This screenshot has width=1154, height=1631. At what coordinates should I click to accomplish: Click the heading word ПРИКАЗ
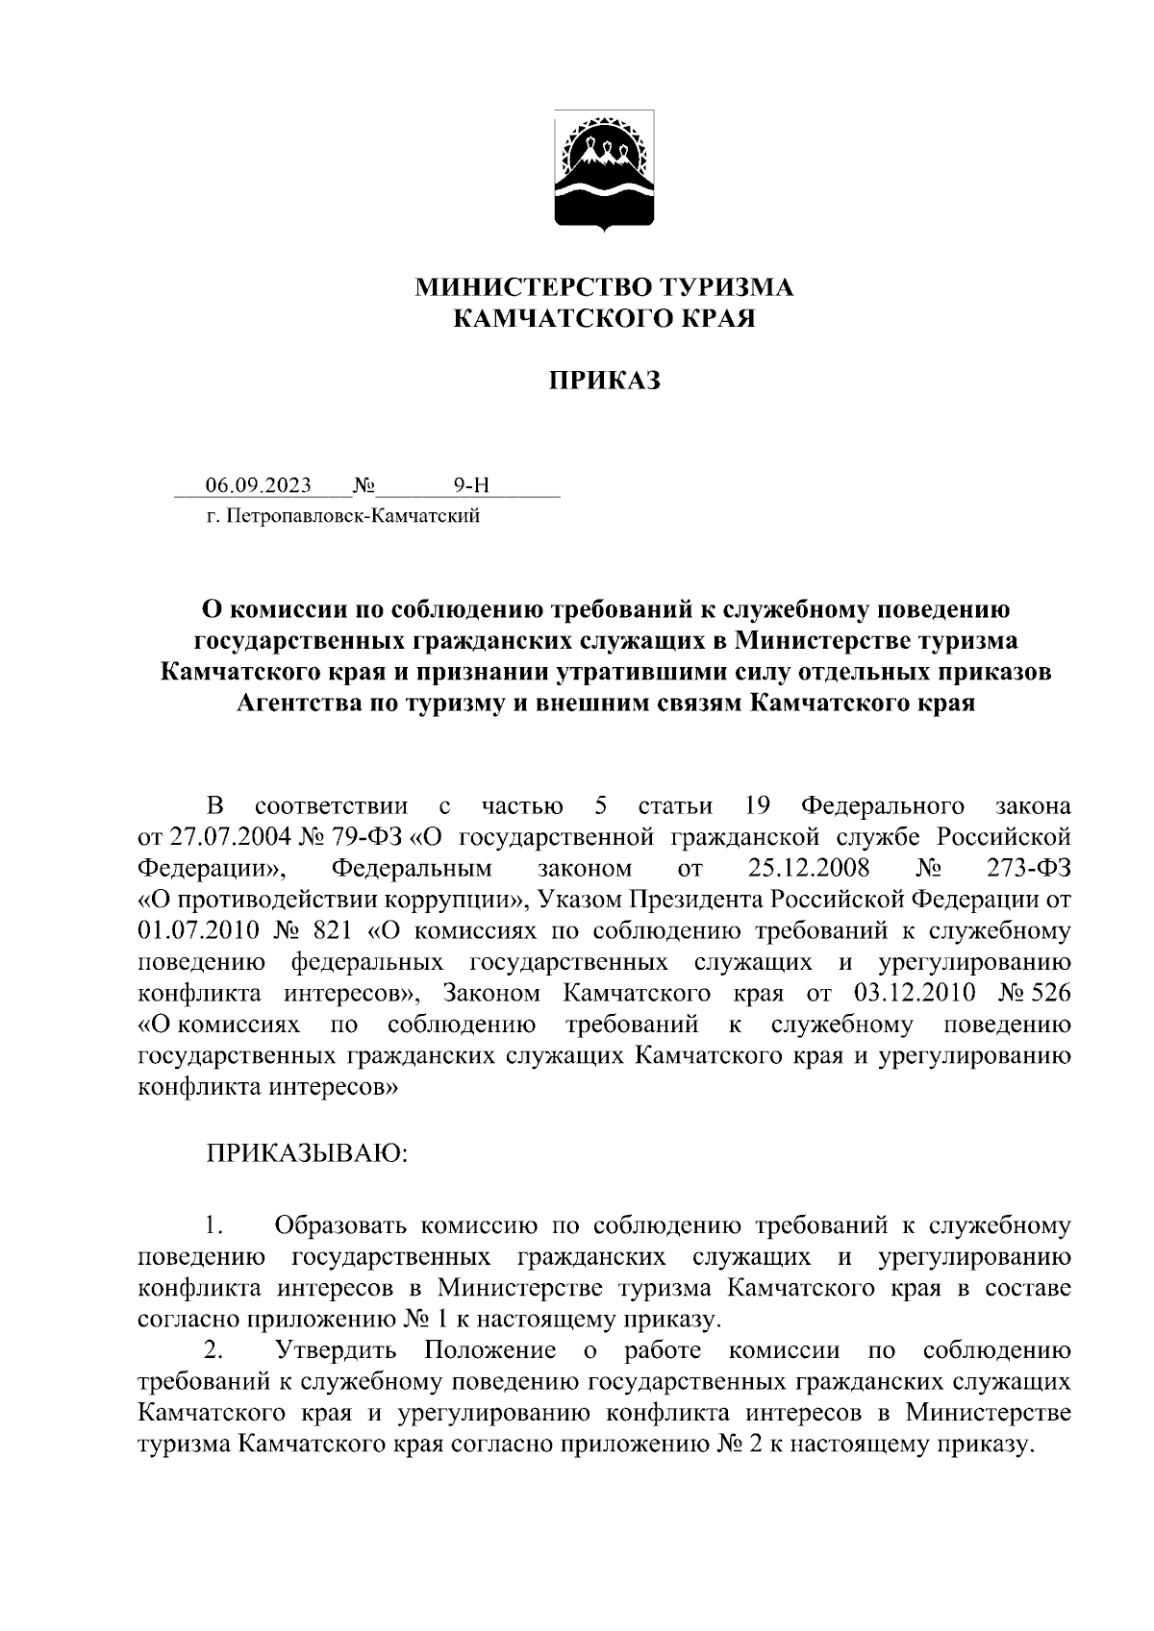(x=605, y=382)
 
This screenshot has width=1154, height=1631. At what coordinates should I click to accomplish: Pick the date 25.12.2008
(x=808, y=868)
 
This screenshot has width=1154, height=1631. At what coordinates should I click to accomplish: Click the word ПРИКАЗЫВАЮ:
(x=307, y=1151)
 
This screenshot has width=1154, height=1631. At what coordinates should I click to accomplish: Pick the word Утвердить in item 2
(x=336, y=1350)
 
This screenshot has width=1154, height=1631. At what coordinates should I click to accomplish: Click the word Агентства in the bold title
(x=296, y=704)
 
